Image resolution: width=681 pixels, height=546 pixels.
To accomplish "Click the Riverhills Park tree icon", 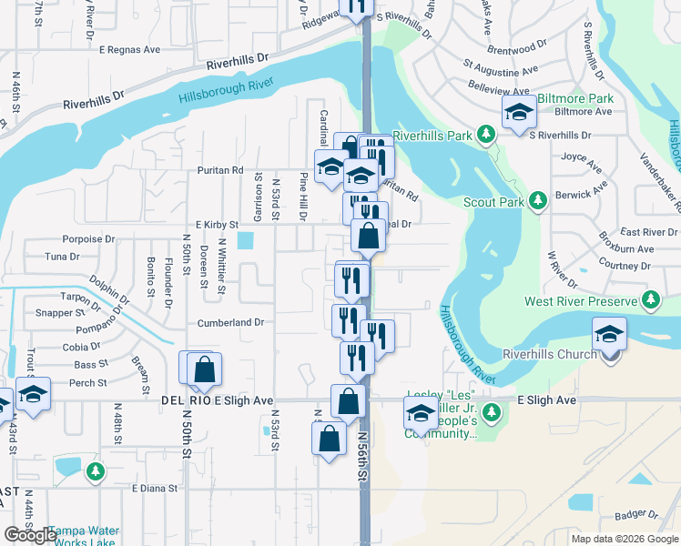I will (486, 136).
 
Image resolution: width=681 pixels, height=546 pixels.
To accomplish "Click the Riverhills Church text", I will (550, 354).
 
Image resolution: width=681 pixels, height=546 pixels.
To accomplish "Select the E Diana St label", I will (155, 489).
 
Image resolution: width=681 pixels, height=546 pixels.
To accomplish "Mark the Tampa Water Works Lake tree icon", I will (96, 471).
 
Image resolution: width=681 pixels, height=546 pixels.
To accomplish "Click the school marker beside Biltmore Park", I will (518, 113).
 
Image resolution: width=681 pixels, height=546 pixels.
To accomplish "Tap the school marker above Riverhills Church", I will (609, 333).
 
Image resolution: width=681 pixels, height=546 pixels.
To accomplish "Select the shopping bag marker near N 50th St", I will (205, 369).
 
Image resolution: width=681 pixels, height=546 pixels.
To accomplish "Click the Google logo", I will (30, 534).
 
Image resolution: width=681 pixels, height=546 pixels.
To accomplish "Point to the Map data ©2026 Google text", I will (625, 539).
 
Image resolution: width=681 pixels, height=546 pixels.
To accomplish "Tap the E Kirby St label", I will (216, 224).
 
